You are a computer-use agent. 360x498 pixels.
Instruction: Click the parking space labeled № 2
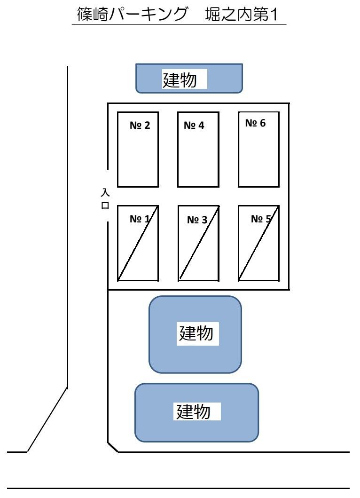(x=138, y=150)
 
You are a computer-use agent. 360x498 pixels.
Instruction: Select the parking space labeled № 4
(x=198, y=150)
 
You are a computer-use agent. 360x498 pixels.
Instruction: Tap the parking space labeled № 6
(x=258, y=150)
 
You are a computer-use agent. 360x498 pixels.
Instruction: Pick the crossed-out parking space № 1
(x=138, y=243)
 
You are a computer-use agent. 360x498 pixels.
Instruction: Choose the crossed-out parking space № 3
(x=198, y=243)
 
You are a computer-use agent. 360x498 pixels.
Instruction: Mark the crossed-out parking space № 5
(x=258, y=243)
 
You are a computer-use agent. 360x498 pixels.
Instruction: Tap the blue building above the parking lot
(x=189, y=78)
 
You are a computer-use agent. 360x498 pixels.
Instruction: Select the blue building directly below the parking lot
(x=195, y=334)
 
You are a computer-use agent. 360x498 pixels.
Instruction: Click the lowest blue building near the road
(x=196, y=413)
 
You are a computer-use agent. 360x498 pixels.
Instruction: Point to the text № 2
(x=140, y=126)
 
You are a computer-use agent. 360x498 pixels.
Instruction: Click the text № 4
(x=194, y=126)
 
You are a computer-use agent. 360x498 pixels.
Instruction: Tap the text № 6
(x=255, y=123)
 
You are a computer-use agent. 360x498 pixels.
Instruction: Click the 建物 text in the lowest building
(x=193, y=412)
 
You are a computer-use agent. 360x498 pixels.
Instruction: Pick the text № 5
(x=261, y=219)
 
